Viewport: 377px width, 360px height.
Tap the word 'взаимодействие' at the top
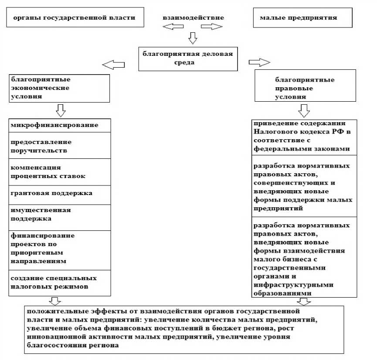193,18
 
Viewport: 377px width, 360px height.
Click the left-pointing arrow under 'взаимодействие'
173,27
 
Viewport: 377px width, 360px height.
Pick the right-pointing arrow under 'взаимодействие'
212,27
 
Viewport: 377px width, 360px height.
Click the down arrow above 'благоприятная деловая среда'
192,38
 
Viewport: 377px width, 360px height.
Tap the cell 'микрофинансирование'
60,126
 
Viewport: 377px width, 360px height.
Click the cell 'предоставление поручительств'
60,145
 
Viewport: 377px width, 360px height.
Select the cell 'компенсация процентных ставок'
60,171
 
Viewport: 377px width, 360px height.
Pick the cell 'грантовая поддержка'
60,194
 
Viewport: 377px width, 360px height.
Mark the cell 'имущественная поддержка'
60,217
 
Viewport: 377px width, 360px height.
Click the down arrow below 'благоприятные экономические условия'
61,110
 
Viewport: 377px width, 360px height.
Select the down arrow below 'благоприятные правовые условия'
303,110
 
